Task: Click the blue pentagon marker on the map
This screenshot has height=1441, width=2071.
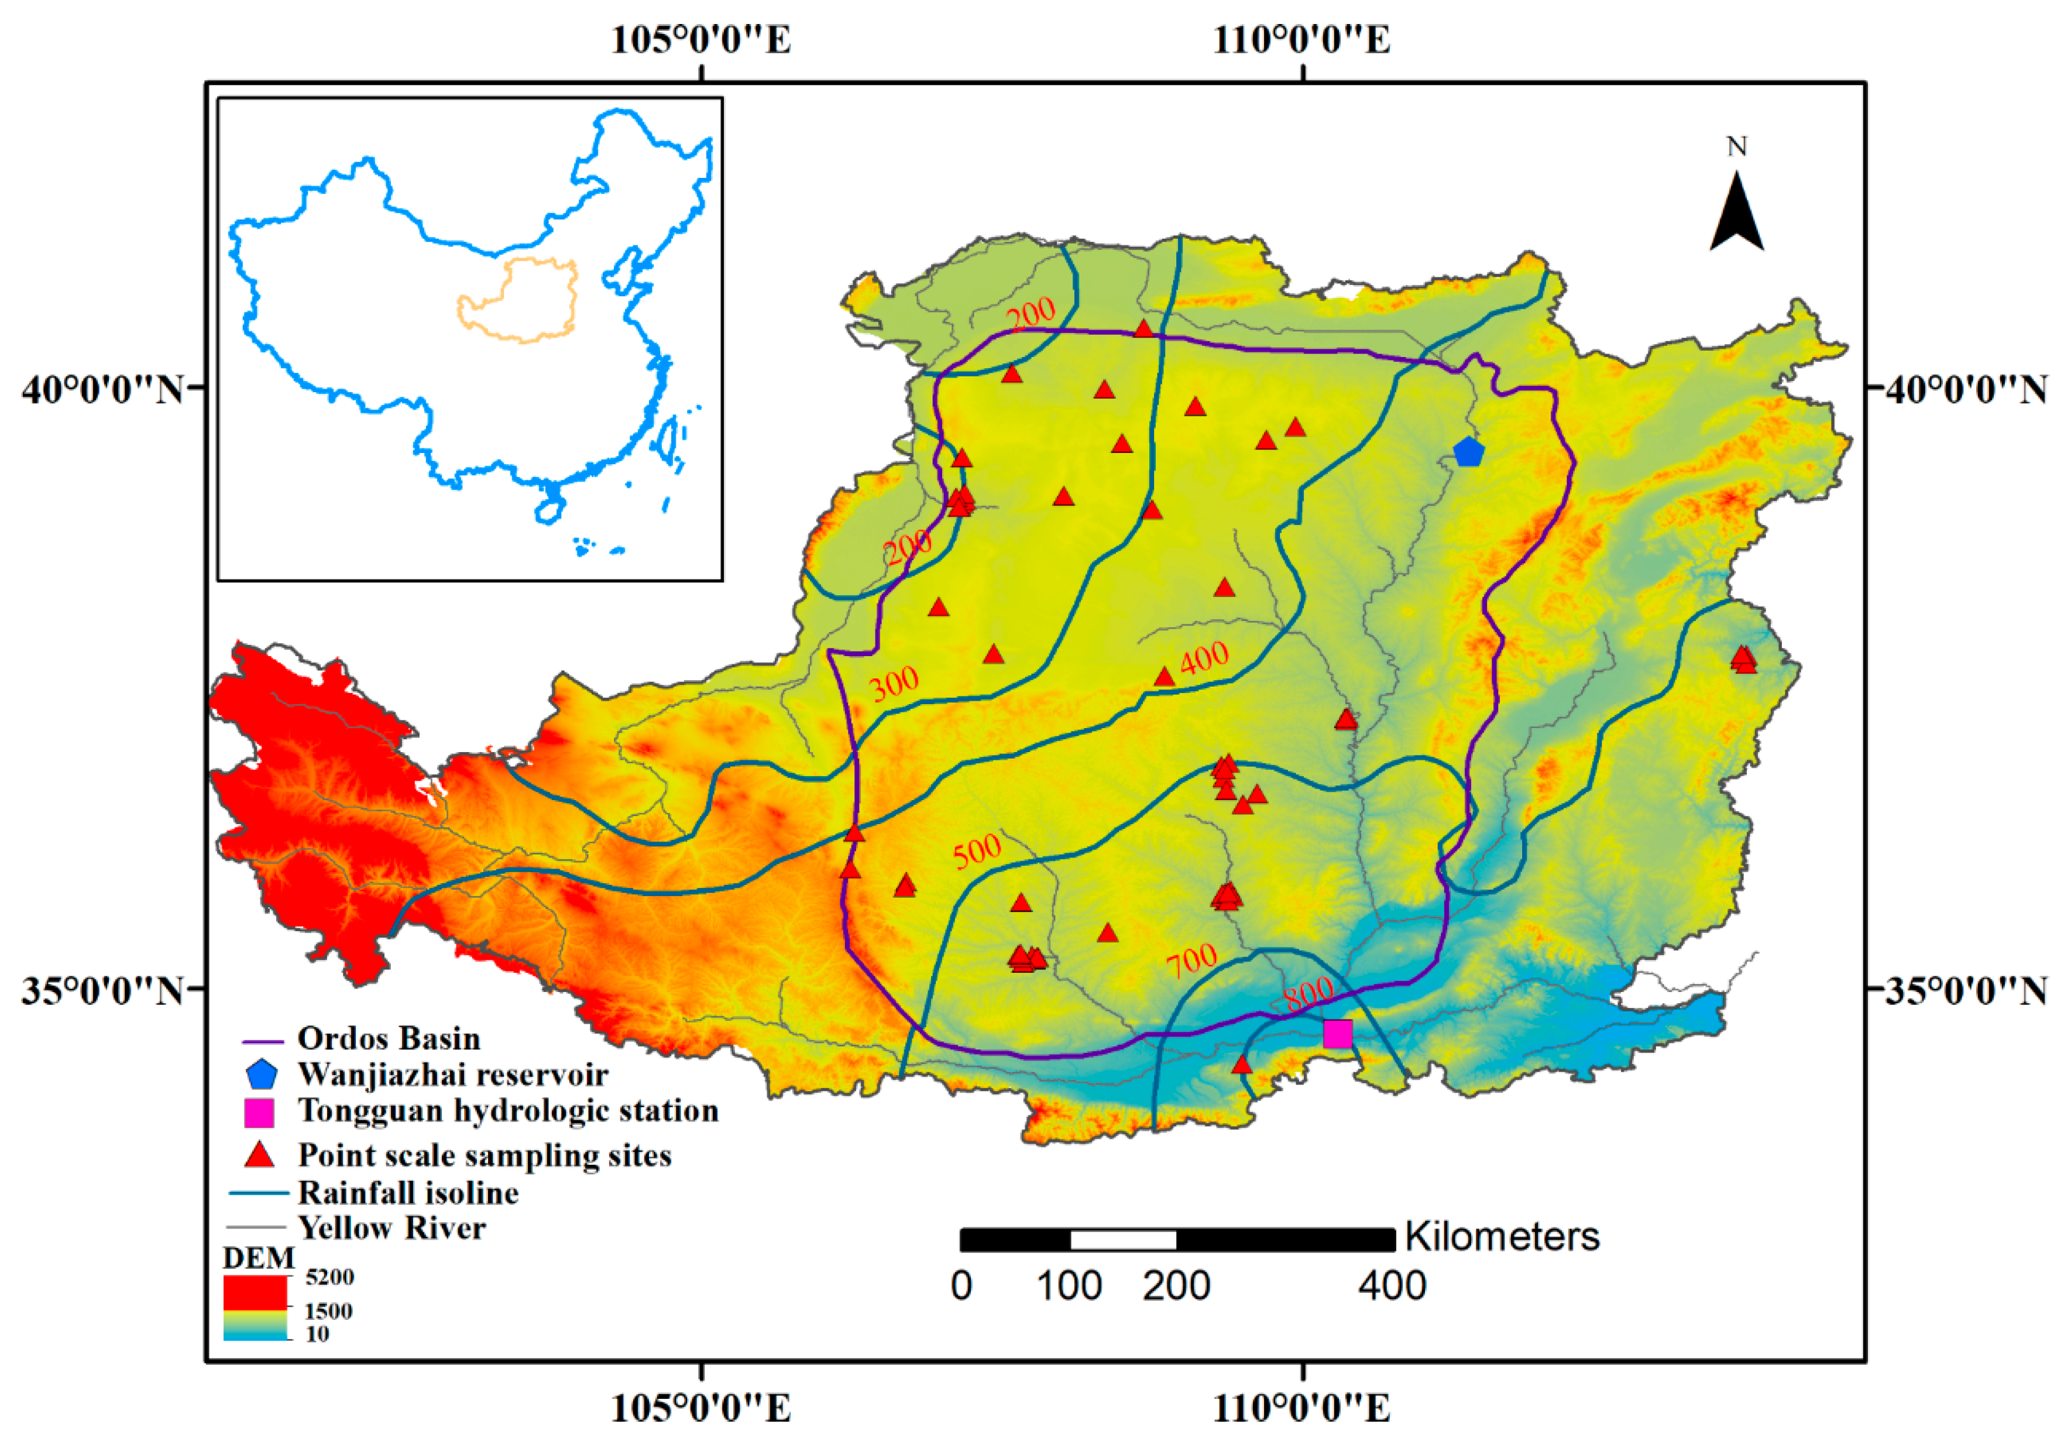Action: (x=1468, y=451)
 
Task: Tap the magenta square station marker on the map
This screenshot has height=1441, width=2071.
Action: (x=1338, y=1033)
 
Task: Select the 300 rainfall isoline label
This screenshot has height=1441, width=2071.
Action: (x=895, y=684)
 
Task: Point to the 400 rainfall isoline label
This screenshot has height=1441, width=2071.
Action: (x=1204, y=658)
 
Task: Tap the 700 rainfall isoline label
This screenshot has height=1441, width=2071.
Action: (x=1191, y=962)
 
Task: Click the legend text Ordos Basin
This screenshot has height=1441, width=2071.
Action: (x=389, y=1038)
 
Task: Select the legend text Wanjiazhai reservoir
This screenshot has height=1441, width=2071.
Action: (x=453, y=1075)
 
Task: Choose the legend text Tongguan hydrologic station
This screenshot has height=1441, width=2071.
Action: (x=508, y=1111)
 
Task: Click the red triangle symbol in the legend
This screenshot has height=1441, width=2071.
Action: (x=260, y=1155)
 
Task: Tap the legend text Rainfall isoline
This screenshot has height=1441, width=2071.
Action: (x=408, y=1193)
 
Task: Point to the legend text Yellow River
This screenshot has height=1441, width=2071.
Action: (x=391, y=1228)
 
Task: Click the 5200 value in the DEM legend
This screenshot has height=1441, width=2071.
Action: (x=329, y=1277)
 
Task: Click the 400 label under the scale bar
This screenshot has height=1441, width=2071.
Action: (x=1392, y=1286)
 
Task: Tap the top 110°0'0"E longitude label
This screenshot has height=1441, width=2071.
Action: (x=1301, y=40)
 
